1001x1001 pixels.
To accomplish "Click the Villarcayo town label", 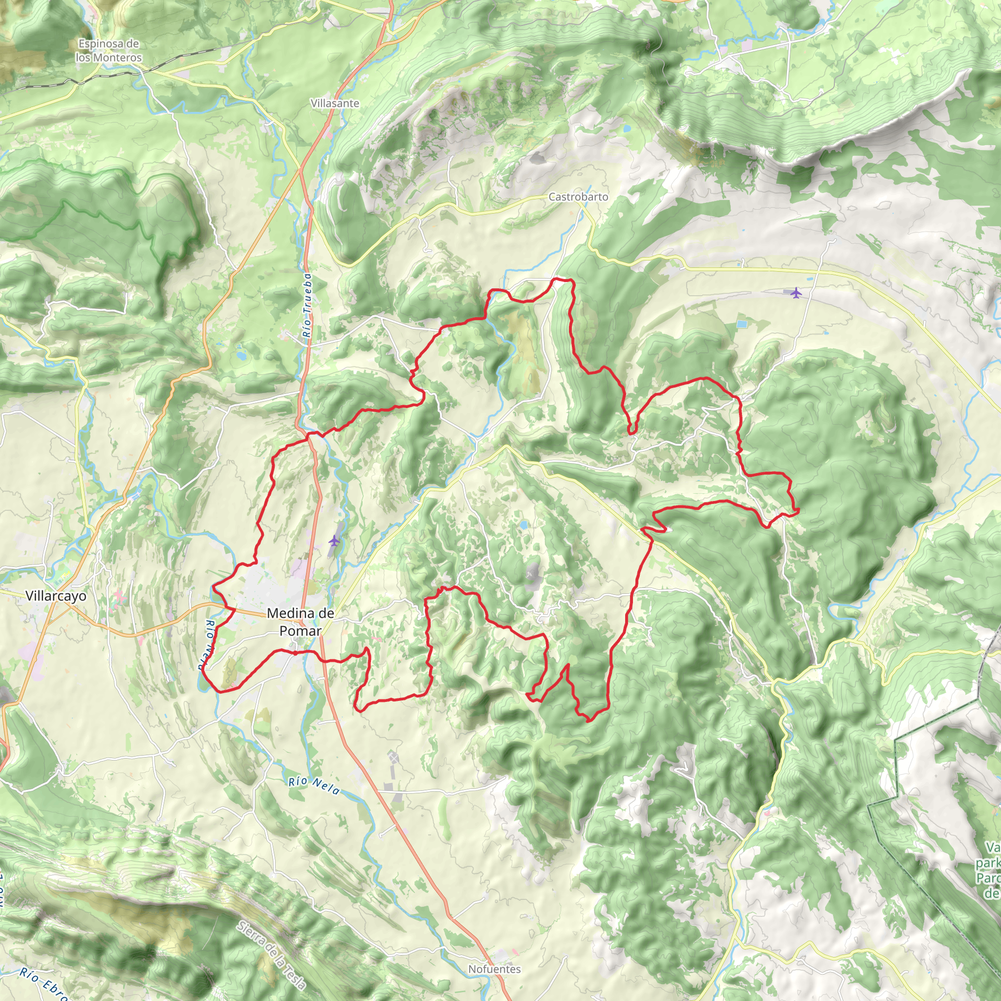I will point(55,596).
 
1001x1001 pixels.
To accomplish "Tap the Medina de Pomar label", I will point(301,622).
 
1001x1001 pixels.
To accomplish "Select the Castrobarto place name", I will point(578,197).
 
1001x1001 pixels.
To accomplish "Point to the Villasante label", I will point(335,103).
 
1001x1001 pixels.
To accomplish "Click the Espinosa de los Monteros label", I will point(109,51).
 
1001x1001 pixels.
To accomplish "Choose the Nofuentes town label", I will point(494,969).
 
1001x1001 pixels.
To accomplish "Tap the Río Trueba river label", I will point(308,305).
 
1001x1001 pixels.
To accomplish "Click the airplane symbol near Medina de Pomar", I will point(334,541).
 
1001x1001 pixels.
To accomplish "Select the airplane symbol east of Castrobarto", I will point(796,293).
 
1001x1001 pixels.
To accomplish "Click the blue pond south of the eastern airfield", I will point(741,325).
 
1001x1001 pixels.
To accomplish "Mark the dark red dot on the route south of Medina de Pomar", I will point(295,653).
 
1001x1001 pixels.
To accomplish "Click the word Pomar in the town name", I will point(301,631).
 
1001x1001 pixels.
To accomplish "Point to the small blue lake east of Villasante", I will point(628,127).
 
